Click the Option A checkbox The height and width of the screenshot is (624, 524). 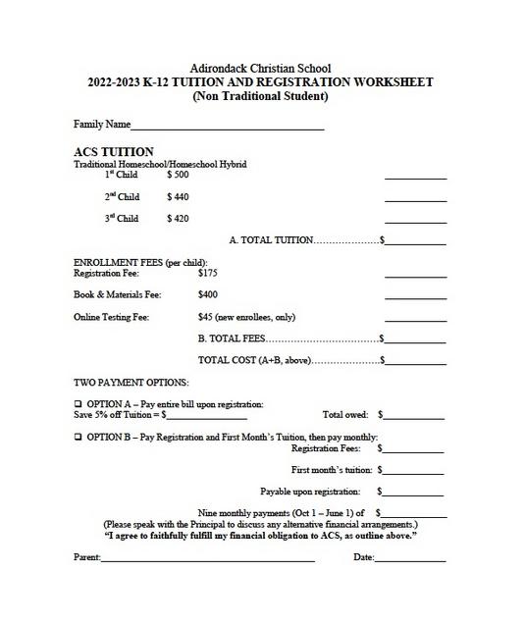[79, 404]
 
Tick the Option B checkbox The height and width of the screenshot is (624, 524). [79, 438]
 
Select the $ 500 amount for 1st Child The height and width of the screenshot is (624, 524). [178, 175]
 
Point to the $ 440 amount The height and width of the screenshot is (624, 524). [178, 197]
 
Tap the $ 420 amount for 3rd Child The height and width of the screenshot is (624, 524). [178, 219]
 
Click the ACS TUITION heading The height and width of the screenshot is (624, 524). [114, 152]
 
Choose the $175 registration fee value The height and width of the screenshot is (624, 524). [207, 274]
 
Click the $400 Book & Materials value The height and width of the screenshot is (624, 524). [207, 294]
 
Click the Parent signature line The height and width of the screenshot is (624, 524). [208, 560]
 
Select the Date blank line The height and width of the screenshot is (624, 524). [410, 560]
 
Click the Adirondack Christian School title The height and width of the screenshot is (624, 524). [261, 68]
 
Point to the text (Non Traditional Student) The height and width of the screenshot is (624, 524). [261, 96]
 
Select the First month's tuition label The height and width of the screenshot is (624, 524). [332, 470]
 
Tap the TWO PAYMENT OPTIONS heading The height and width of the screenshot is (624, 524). [131, 383]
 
